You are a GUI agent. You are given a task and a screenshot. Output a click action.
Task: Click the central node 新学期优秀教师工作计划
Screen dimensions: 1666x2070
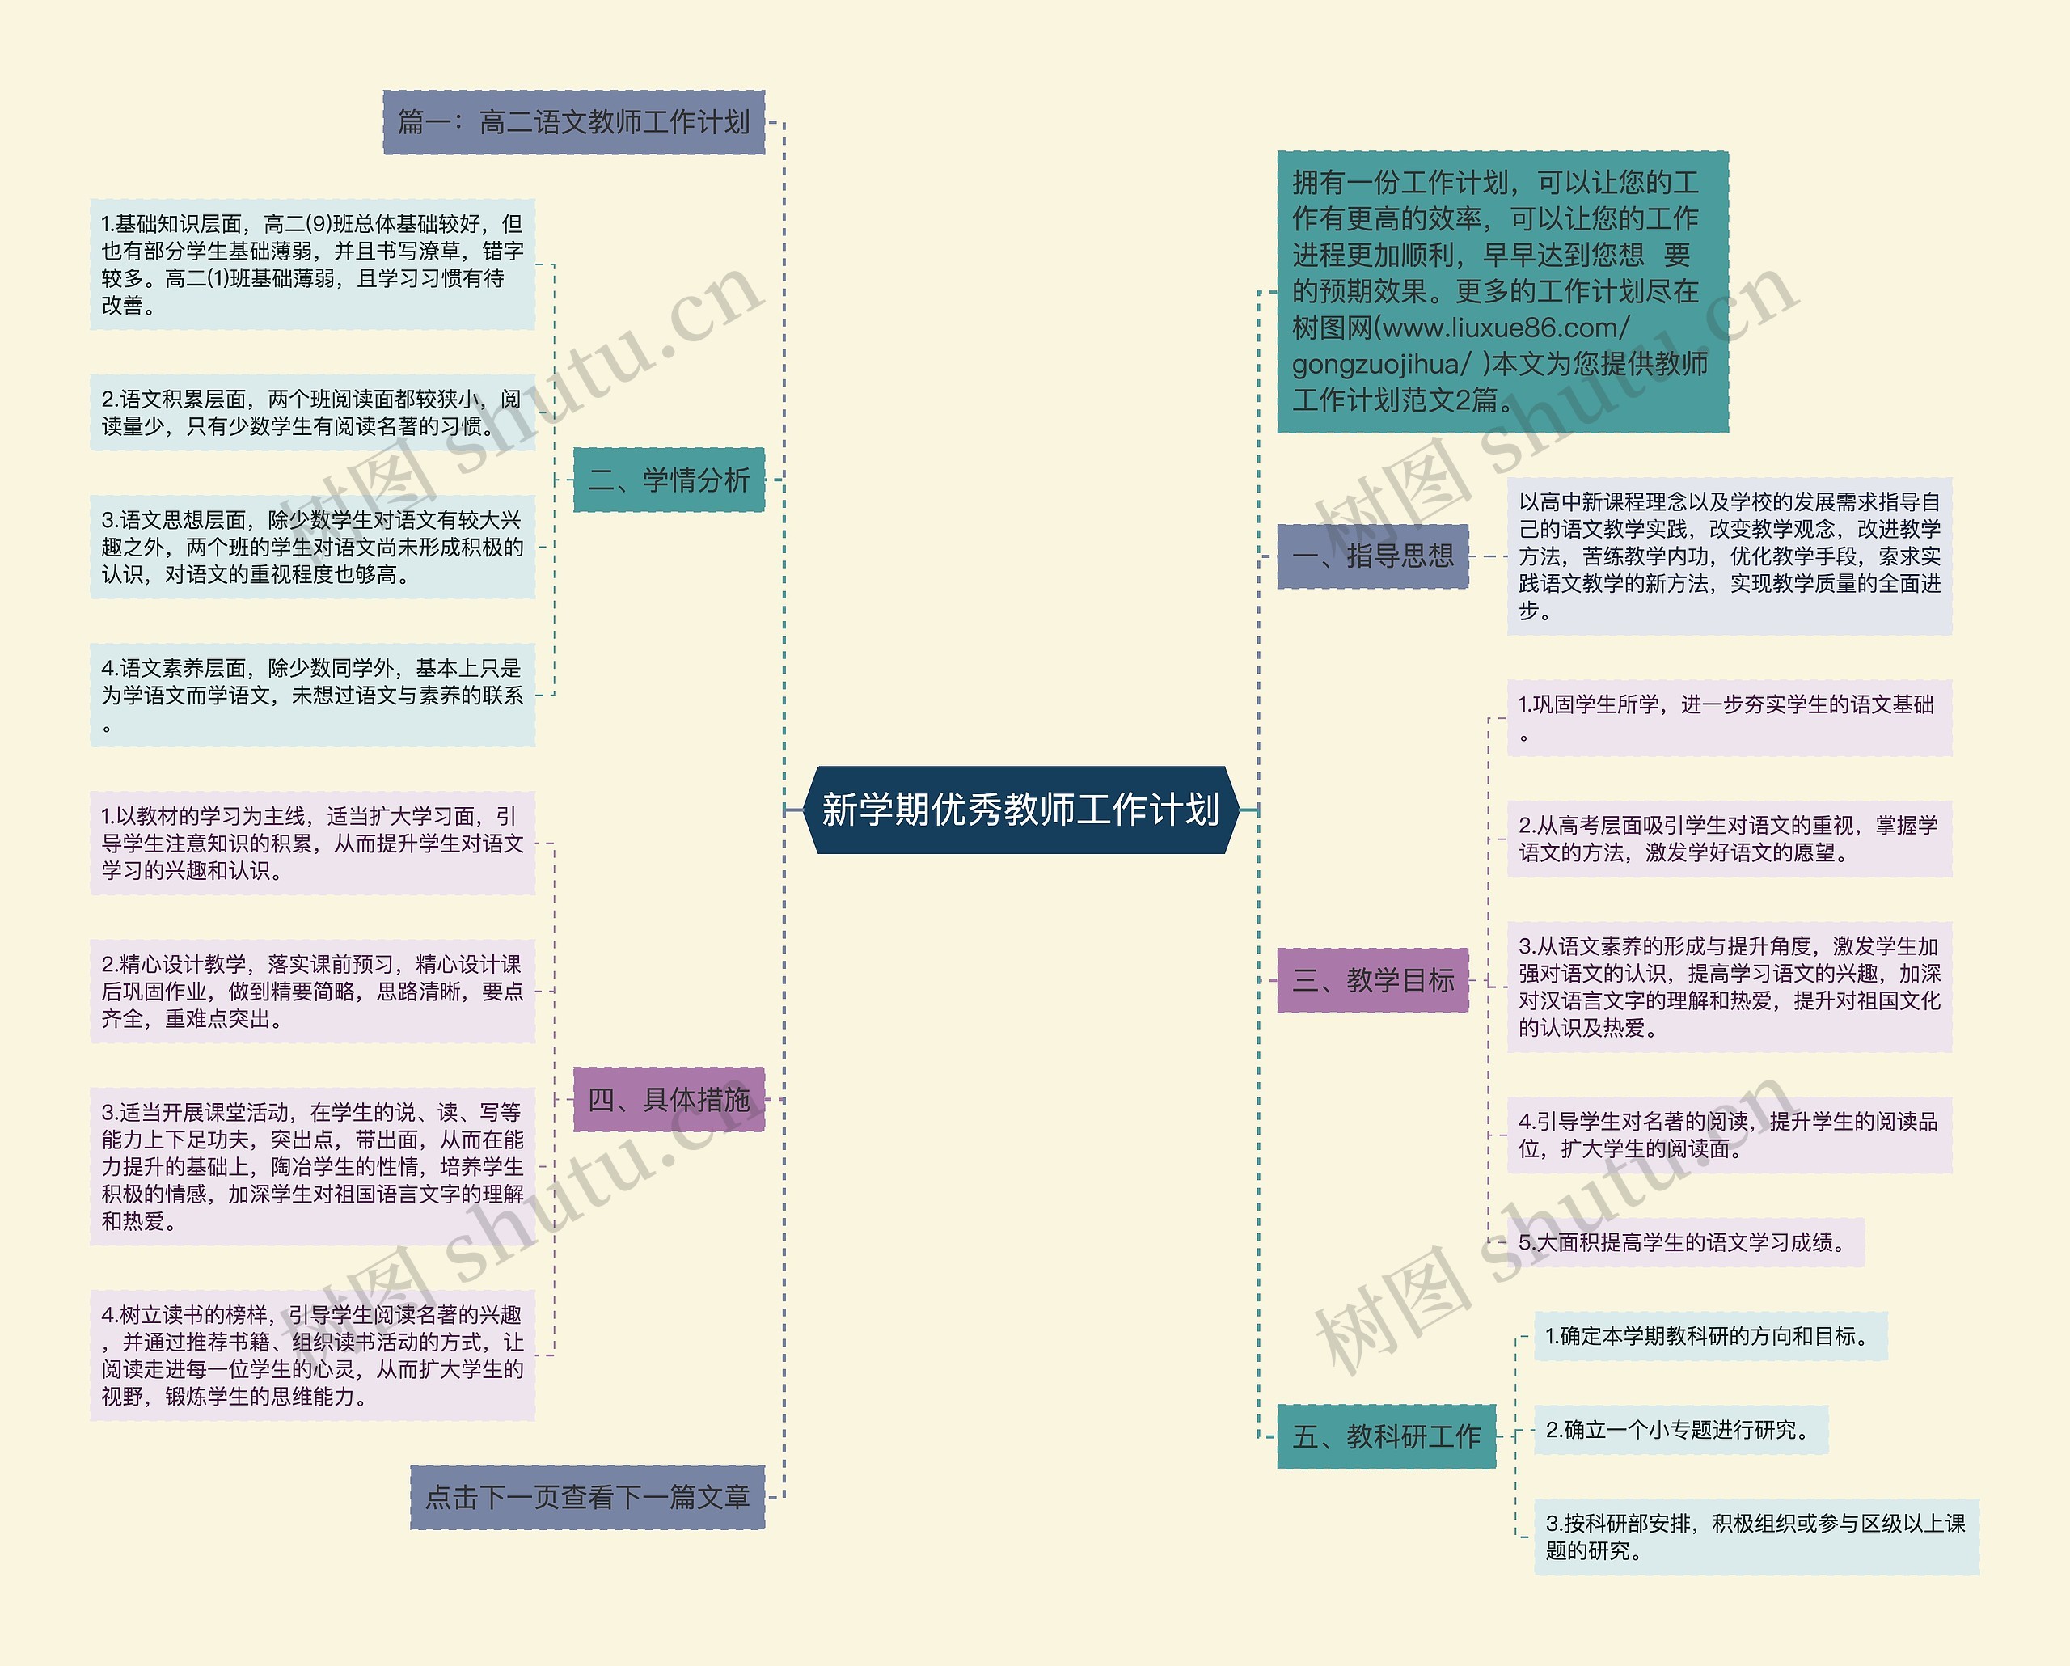click(x=1020, y=810)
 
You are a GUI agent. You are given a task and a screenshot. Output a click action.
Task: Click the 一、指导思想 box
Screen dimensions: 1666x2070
click(x=1372, y=556)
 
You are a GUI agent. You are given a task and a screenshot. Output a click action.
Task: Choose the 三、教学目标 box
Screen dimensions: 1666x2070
click(x=1372, y=980)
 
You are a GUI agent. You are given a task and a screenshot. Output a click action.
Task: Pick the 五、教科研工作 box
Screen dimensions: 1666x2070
click(x=1385, y=1436)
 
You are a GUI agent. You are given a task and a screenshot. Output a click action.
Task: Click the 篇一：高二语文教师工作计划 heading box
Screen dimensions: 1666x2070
click(x=573, y=122)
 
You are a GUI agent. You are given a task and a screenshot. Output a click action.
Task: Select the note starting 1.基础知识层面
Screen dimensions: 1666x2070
click(x=312, y=264)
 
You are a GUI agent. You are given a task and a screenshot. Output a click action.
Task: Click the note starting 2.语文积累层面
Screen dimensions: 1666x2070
click(x=312, y=413)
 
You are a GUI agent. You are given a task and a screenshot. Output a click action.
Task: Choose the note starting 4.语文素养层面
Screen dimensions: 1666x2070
click(x=312, y=696)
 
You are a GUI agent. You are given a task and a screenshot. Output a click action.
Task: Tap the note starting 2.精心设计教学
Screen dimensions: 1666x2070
click(x=312, y=991)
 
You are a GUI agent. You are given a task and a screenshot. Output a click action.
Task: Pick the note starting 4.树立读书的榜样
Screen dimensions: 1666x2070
click(x=312, y=1355)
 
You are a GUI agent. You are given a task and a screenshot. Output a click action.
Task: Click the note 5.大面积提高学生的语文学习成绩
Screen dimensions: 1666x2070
click(x=1684, y=1242)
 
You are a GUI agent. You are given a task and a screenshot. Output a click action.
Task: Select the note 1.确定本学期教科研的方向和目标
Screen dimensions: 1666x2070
click(x=1710, y=1336)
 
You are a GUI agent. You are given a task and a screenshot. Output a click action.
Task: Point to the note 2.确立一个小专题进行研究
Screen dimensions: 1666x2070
click(x=1680, y=1430)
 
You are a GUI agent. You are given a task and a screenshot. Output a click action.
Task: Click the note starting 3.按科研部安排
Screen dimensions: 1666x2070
click(x=1756, y=1537)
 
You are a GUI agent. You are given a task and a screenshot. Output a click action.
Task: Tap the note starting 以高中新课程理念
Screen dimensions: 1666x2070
click(x=1728, y=556)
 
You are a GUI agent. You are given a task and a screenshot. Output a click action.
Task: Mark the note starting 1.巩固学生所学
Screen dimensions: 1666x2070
click(x=1728, y=718)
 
